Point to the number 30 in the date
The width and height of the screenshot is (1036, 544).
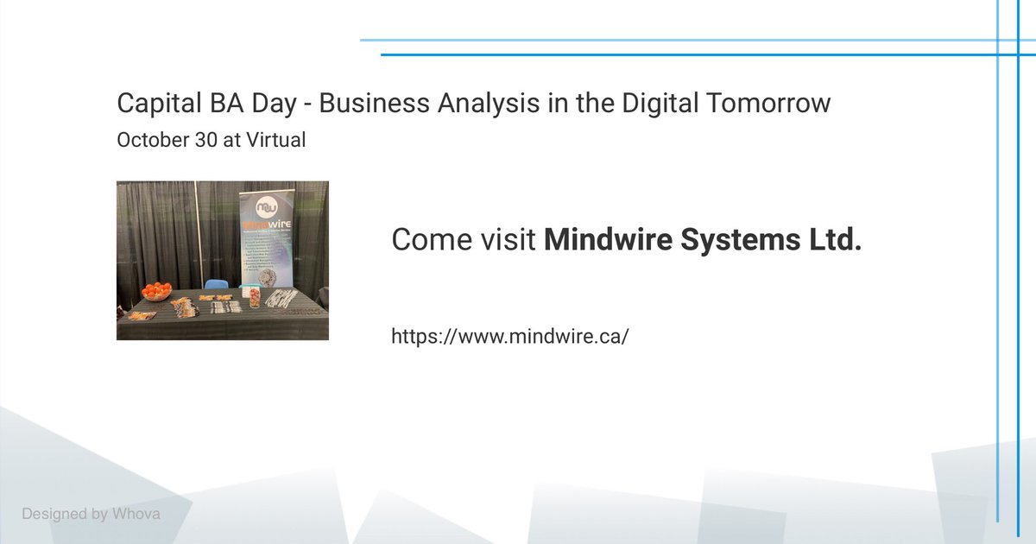point(205,140)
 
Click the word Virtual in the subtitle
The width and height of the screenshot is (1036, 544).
point(276,140)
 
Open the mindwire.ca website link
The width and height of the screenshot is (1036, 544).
point(509,336)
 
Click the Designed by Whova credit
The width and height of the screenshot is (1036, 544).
point(91,514)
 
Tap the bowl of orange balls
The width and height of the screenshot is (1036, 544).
point(156,291)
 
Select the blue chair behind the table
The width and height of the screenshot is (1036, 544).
point(215,284)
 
